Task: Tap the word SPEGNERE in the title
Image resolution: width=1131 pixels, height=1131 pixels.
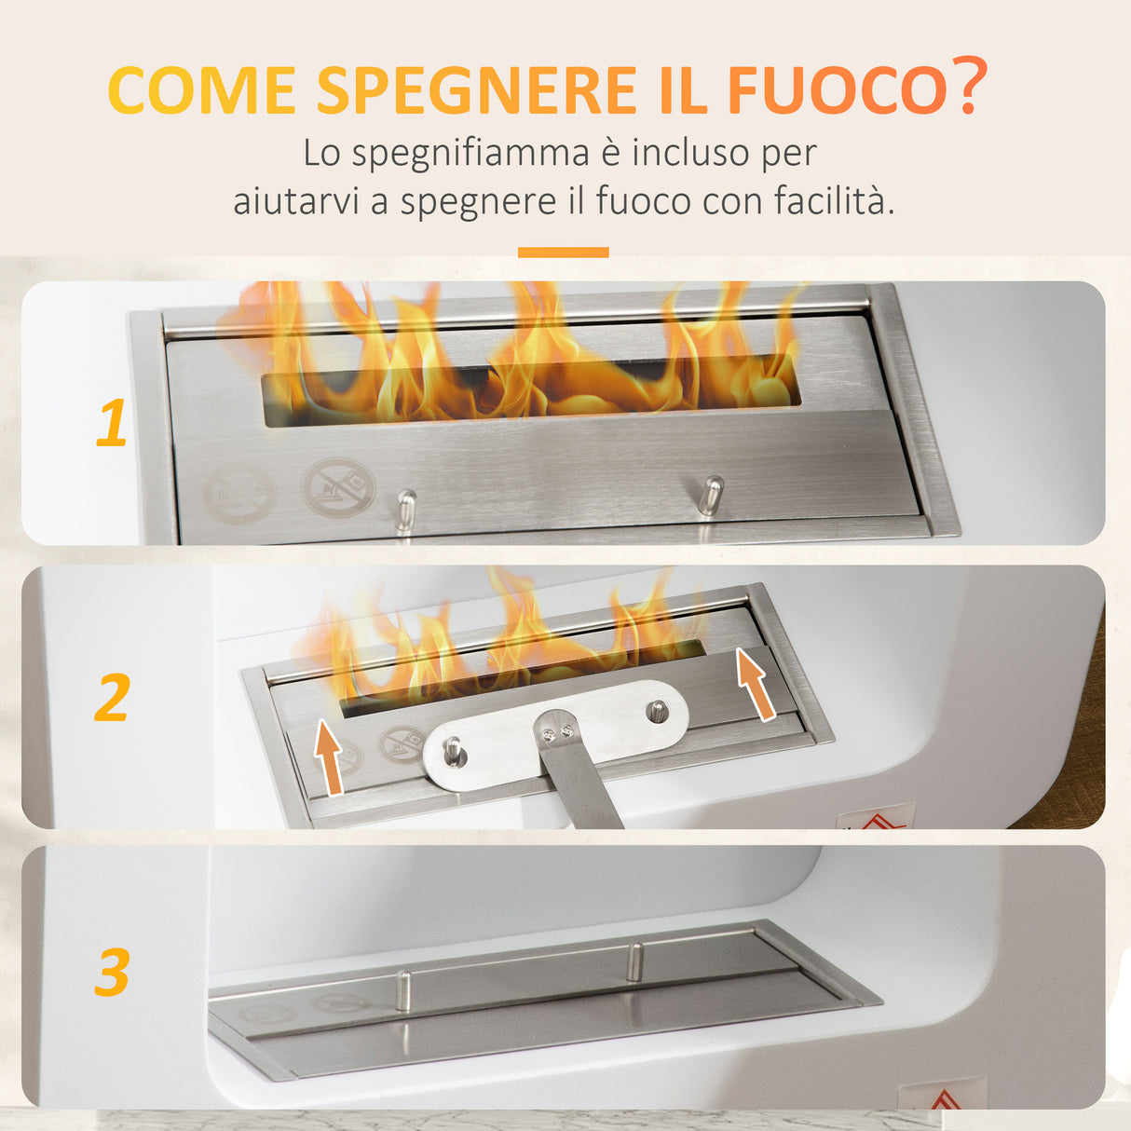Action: point(476,90)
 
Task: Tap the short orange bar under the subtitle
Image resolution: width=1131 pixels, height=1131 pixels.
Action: point(563,252)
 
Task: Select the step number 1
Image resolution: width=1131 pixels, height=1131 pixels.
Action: point(112,424)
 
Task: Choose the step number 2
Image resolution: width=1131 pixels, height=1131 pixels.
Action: point(112,698)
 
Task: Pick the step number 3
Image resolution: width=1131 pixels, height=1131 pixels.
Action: point(112,973)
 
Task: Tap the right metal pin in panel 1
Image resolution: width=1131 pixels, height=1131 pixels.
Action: point(711,495)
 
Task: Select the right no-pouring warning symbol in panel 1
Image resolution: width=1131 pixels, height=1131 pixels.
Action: point(337,486)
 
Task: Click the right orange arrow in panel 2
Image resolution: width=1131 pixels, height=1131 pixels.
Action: point(756,685)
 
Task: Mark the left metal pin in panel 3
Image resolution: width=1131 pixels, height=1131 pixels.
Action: point(403,990)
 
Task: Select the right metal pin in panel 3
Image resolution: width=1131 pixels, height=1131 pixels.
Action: point(634,961)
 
